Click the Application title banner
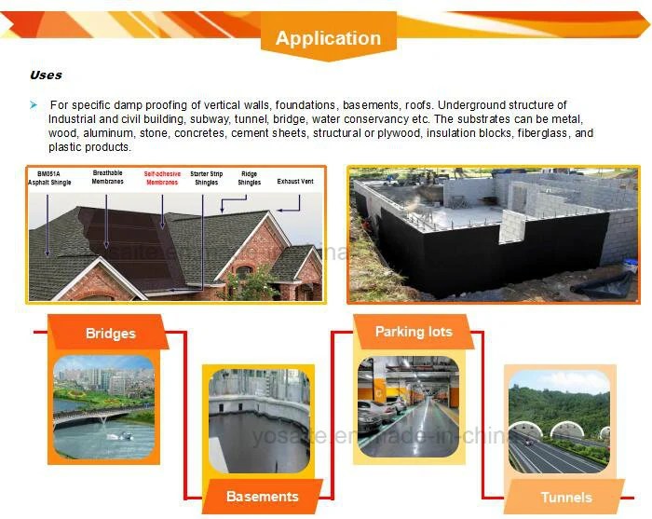coord(328,38)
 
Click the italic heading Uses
coord(46,75)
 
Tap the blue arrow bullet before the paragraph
coord(34,105)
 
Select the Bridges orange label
coord(110,333)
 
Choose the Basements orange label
coord(263,496)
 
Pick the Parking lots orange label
coord(414,332)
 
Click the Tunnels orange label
coord(565,497)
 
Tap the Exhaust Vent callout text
coord(295,182)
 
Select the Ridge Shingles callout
coord(250,178)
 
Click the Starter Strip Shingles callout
coord(205,178)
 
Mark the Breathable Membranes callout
coord(107,178)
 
